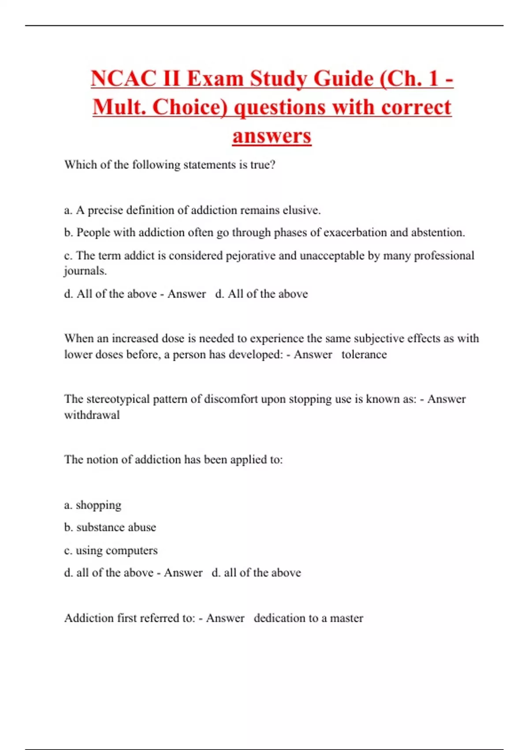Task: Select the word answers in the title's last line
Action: (272, 136)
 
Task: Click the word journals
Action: (86, 271)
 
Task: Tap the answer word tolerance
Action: (364, 355)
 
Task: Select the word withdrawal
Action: (92, 415)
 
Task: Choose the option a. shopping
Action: (93, 505)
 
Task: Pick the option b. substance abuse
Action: (110, 528)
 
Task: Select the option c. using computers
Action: (111, 551)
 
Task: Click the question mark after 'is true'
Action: (272, 165)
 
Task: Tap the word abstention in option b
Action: (438, 232)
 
